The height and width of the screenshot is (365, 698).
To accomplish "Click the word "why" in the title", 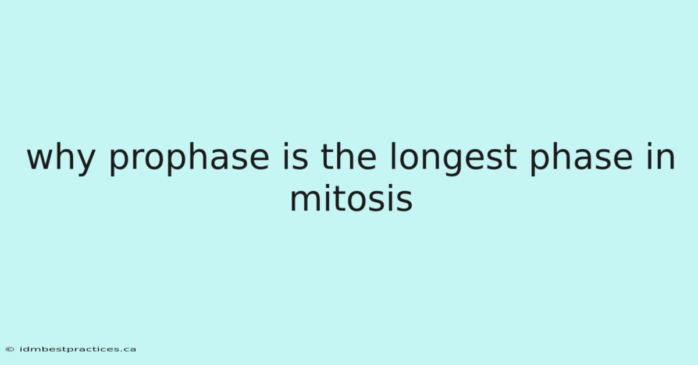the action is [61, 159].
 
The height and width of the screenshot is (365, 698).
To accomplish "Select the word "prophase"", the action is [189, 159].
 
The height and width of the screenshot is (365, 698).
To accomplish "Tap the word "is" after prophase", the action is [295, 156].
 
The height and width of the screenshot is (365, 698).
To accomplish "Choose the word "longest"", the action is [454, 159].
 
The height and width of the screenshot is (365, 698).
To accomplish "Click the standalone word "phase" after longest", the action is [582, 159].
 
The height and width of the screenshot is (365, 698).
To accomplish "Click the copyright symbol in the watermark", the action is [10, 349].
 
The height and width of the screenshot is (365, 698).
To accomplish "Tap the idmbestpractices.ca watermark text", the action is [78, 349].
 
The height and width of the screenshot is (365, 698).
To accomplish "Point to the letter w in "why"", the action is [41, 159].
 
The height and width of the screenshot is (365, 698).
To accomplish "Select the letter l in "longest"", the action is [393, 156].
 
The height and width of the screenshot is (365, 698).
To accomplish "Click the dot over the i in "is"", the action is [285, 145].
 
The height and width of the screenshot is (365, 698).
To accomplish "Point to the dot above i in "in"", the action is [650, 145].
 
